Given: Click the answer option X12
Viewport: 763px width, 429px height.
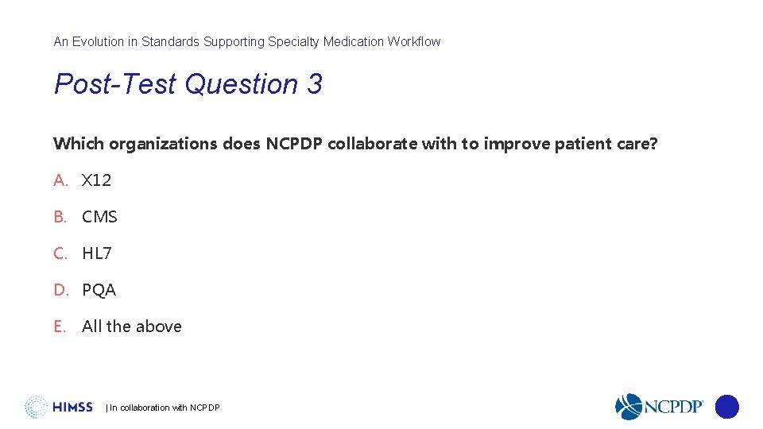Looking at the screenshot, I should [x=96, y=180].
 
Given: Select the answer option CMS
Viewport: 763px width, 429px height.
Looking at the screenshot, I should [x=99, y=217].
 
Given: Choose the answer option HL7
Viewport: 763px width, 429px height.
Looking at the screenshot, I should [x=97, y=253].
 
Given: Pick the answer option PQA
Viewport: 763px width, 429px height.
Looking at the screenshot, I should [x=99, y=290].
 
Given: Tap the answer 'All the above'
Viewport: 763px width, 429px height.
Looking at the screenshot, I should [x=132, y=327].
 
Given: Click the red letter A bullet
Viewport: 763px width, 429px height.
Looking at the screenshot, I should [x=60, y=180].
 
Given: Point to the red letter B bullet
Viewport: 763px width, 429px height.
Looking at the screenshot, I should [x=60, y=217].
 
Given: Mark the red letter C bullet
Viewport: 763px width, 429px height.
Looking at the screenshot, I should [x=60, y=253].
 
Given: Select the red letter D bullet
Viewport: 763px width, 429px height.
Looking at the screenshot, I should [x=61, y=290].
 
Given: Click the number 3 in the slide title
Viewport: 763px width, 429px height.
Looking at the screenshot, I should [x=314, y=84].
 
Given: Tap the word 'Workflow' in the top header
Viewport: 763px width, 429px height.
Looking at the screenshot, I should [x=414, y=41].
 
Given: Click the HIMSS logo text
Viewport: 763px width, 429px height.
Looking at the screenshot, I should [x=72, y=408].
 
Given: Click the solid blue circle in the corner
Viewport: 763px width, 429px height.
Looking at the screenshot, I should [x=726, y=407].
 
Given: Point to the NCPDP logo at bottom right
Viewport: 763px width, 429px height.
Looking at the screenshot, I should [x=660, y=407].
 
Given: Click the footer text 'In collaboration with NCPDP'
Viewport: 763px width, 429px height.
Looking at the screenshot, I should [x=165, y=408].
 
